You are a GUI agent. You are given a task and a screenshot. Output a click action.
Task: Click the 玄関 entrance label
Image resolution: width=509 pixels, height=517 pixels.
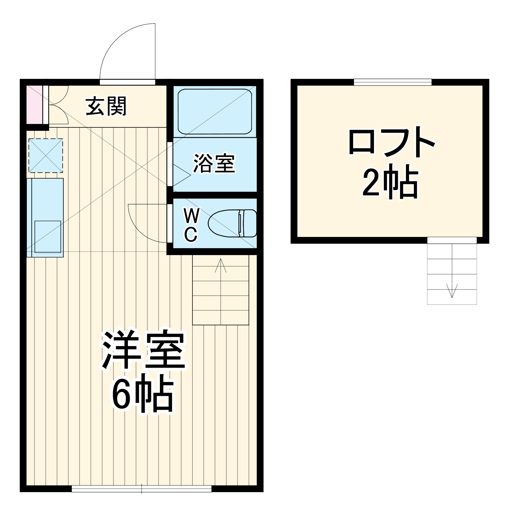(106, 107)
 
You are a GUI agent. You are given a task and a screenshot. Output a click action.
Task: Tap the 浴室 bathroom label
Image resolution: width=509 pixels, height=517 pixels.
(214, 163)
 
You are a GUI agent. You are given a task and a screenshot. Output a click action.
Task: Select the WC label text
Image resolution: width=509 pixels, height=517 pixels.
(191, 225)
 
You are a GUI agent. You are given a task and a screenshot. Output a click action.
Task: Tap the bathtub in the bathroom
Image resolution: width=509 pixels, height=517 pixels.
(215, 111)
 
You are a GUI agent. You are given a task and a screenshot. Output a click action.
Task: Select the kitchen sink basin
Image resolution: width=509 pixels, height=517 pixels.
(48, 237)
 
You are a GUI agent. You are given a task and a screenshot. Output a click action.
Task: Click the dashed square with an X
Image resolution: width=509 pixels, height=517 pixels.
(46, 155)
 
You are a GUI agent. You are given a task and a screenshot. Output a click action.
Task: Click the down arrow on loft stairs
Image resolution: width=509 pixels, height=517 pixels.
(452, 291)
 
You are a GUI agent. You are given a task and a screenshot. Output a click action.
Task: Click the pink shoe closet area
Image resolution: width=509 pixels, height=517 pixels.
(34, 105)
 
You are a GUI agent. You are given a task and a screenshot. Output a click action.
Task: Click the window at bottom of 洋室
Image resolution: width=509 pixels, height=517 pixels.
(141, 489)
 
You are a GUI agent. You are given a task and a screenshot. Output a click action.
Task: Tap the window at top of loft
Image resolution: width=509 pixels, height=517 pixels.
(392, 82)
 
